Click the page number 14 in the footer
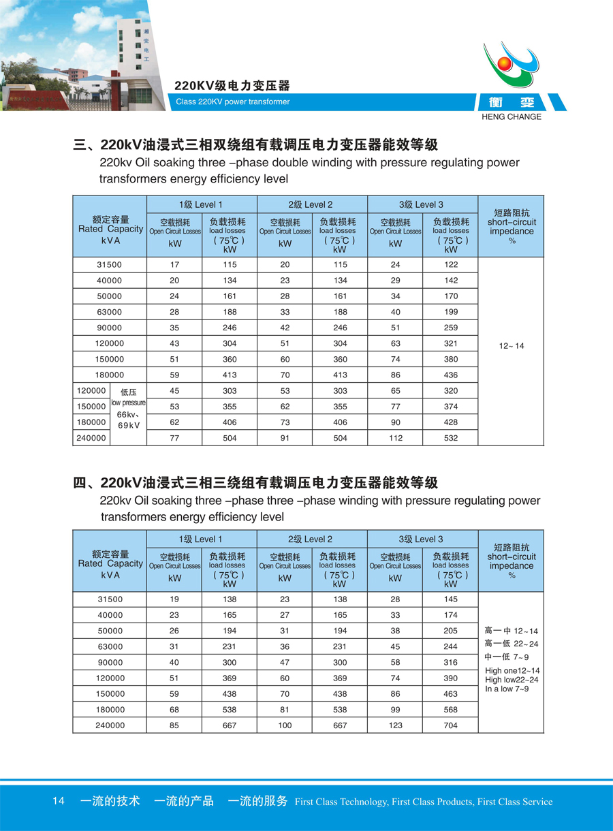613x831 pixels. (58, 801)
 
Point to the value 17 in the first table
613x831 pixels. (175, 265)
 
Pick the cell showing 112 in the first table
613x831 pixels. (395, 438)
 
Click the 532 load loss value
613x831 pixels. (450, 438)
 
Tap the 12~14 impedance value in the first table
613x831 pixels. (511, 346)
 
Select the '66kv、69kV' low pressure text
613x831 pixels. (128, 420)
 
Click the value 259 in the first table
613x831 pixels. (450, 328)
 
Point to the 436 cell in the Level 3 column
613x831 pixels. (450, 375)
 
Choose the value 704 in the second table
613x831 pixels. (450, 725)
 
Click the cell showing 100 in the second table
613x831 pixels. (285, 725)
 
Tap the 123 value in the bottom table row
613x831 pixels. (395, 725)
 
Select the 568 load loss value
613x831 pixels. (450, 710)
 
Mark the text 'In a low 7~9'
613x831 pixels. (507, 689)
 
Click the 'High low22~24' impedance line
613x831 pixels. (512, 680)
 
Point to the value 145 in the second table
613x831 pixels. (450, 599)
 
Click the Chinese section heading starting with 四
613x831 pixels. (255, 483)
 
